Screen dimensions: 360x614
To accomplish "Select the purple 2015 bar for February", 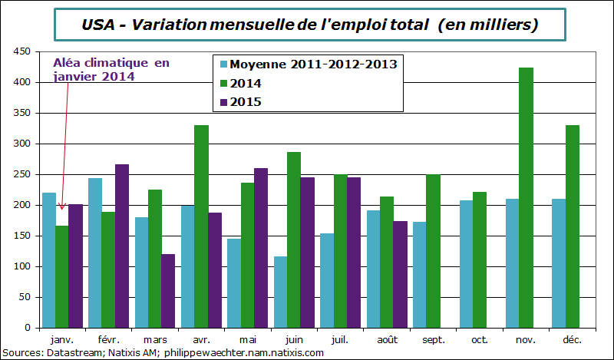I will pyautogui.click(x=121, y=246).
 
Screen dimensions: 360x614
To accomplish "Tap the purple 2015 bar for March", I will pyautogui.click(x=168, y=291).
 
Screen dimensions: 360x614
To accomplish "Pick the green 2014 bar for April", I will pyautogui.click(x=201, y=226).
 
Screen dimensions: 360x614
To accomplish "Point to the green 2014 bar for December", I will pyautogui.click(x=573, y=226).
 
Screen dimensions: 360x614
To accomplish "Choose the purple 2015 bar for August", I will pyautogui.click(x=399, y=274).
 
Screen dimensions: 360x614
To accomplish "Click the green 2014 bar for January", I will pyautogui.click(x=61, y=276).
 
